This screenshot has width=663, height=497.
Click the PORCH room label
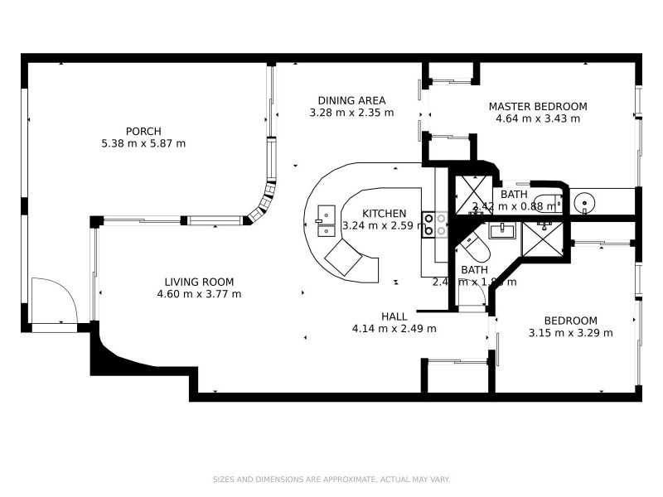point(143,131)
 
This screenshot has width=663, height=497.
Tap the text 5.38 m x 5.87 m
point(143,143)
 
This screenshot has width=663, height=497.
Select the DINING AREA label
point(351,101)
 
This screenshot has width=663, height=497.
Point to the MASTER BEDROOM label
point(537,106)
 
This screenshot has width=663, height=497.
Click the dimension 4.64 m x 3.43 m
point(537,118)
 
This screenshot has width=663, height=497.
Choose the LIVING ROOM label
point(198,282)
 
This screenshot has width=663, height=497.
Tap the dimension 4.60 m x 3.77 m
point(198,294)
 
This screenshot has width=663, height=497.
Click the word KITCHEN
point(384,214)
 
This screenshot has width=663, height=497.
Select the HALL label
point(394,316)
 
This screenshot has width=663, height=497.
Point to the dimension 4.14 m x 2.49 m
point(394,329)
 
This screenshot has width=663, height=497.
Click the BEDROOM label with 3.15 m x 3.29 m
point(570,321)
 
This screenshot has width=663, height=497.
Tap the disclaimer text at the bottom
point(331,479)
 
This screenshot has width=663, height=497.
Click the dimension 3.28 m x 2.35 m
point(351,113)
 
